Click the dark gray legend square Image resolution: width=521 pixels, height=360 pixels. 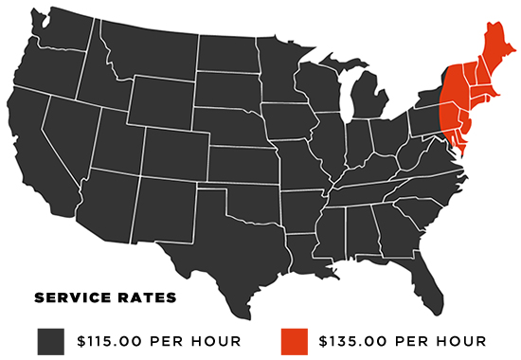click(x=52, y=339)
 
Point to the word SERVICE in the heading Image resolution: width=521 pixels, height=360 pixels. click(x=72, y=299)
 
